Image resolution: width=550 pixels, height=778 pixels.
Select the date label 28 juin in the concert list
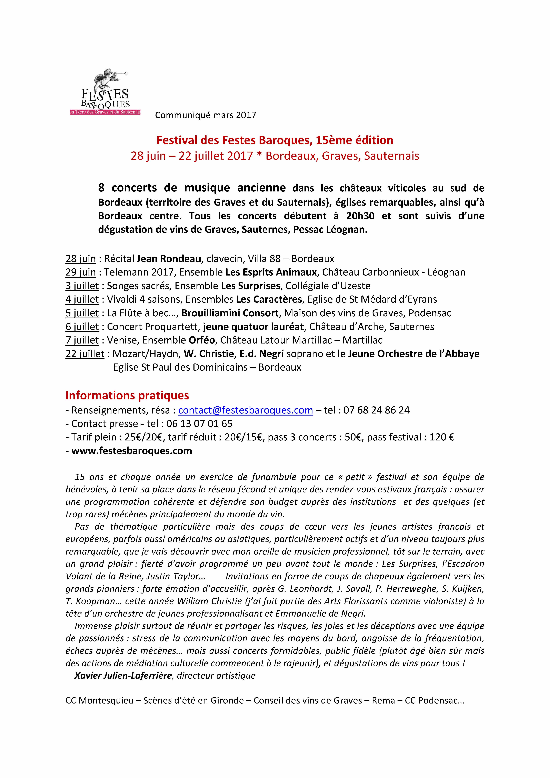(x=81, y=259)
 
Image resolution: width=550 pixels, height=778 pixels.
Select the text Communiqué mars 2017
(x=205, y=115)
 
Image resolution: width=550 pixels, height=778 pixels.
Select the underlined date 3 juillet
(x=82, y=286)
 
